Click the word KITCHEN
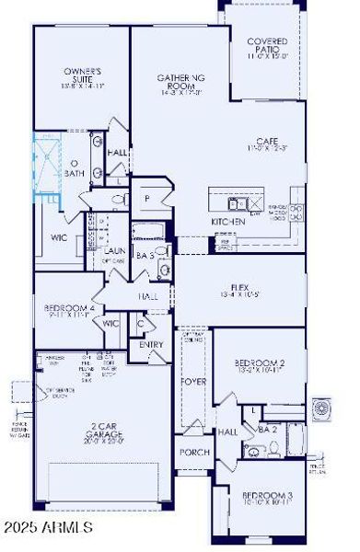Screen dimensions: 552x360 pyautogui.click(x=228, y=223)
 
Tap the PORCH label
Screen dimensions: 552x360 pyautogui.click(x=193, y=452)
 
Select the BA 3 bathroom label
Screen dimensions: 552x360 pyautogui.click(x=145, y=255)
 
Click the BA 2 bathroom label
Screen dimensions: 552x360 pyautogui.click(x=267, y=429)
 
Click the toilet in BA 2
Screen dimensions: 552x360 pyautogui.click(x=275, y=449)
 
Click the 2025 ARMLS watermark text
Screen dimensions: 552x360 pyautogui.click(x=48, y=527)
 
